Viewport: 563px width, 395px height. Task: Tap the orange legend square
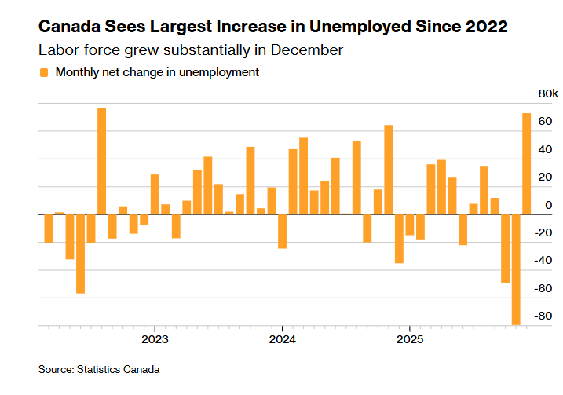(44, 72)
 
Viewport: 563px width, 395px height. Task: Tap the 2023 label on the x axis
(154, 339)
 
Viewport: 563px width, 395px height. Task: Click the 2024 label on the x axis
(282, 339)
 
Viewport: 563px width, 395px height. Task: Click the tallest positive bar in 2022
(102, 160)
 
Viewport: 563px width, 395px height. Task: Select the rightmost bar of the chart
(527, 163)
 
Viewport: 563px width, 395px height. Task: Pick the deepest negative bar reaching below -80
(516, 269)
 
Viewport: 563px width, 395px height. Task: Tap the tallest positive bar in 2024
(388, 169)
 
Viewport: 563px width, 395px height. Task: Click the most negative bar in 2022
(80, 253)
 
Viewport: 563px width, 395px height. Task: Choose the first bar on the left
(49, 228)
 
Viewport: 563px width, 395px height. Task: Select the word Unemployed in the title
(353, 27)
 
